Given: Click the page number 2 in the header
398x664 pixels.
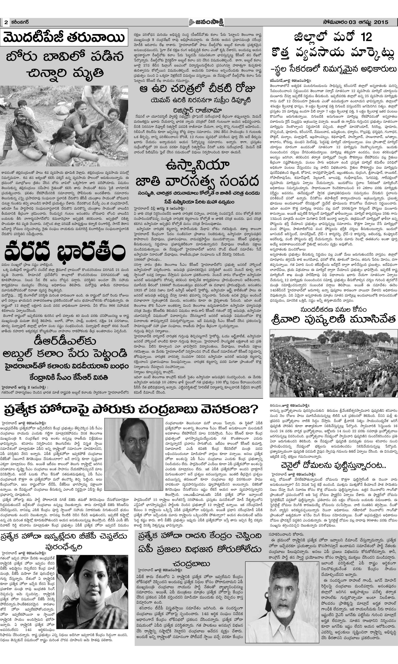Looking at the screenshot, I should click(x=6, y=23).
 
